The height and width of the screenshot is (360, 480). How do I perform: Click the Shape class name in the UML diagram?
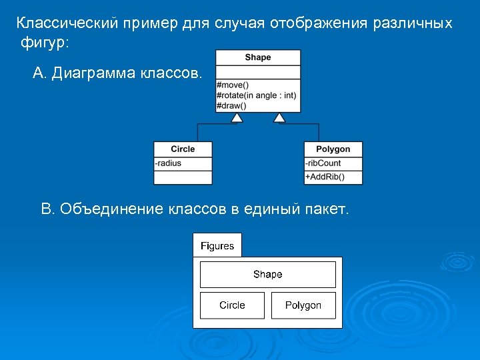coord(257,57)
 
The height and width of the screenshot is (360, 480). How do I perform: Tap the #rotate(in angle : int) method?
coord(256,95)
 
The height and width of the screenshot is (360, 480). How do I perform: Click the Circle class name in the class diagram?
coord(183,149)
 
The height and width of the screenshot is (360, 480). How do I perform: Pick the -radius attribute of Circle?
coord(168,163)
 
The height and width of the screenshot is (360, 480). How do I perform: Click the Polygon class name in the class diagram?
coord(333,149)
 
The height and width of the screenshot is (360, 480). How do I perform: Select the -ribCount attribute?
coord(323,163)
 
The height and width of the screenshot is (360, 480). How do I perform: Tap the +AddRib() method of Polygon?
coord(325,177)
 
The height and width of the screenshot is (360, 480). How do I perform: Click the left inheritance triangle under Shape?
coord(237,118)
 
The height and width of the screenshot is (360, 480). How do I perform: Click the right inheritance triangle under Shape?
coord(279,118)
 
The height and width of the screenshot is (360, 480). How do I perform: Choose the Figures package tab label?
coord(217,246)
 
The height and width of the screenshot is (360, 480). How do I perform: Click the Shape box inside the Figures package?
coord(267,275)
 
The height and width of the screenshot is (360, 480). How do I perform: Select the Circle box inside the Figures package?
coord(232,305)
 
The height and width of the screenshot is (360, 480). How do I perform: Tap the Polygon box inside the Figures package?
coord(303,305)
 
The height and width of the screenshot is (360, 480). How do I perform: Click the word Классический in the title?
coord(68,23)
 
